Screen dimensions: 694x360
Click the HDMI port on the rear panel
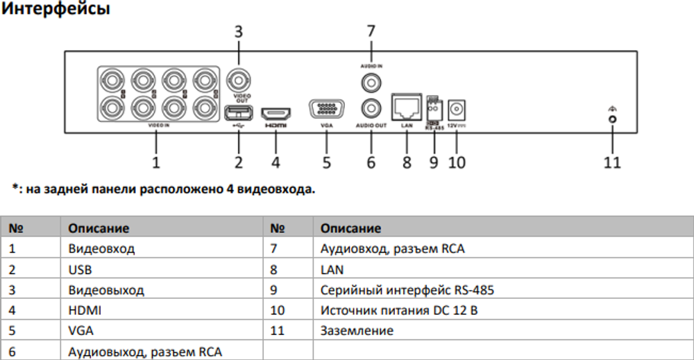[x=276, y=112]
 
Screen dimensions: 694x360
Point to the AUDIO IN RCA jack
[x=371, y=83]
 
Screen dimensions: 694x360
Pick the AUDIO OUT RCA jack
[x=371, y=110]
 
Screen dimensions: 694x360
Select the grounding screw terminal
[x=612, y=119]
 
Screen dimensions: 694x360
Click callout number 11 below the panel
[x=611, y=163]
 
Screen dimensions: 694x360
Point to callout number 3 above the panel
[x=238, y=31]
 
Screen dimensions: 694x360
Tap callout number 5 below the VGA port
[x=325, y=163]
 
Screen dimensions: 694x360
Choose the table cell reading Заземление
[x=357, y=331]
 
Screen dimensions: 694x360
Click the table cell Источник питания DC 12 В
[x=399, y=310]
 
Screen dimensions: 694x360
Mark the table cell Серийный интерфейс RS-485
[x=407, y=290]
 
